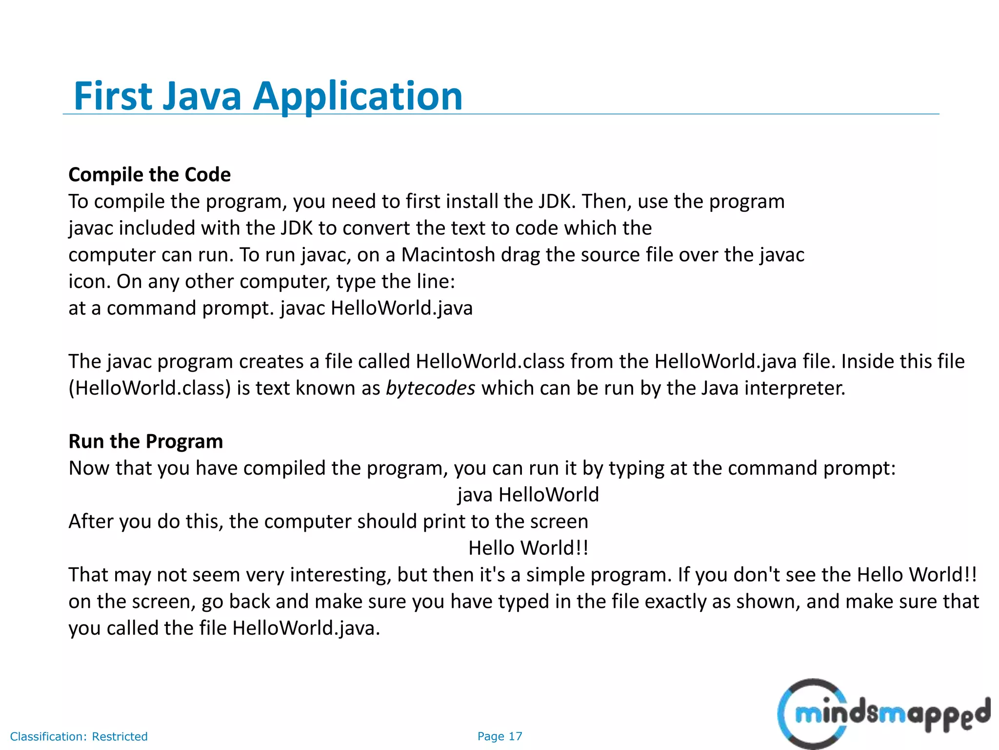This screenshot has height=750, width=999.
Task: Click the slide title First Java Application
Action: coord(268,96)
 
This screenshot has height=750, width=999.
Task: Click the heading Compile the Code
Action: coord(149,175)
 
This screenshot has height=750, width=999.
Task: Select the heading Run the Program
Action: coord(145,441)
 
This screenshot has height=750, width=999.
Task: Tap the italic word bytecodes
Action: coord(430,388)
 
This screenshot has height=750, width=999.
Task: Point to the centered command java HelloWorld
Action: coord(528,495)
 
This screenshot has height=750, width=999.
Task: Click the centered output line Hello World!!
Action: coord(528,548)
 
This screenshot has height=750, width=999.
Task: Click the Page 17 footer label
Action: coord(499,736)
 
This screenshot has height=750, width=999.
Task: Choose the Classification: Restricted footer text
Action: coord(79,736)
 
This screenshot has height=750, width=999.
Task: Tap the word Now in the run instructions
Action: coord(89,468)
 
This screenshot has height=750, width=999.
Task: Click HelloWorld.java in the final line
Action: coord(305,628)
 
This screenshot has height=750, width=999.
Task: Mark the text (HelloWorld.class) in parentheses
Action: coord(149,388)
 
